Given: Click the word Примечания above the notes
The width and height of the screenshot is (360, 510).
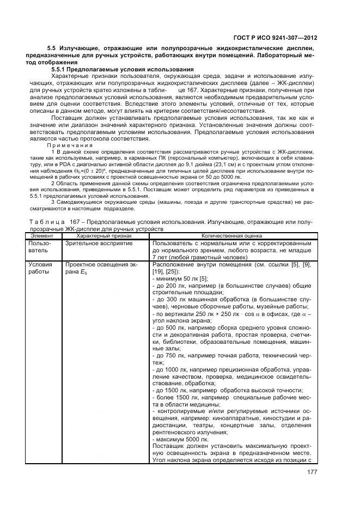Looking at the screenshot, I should click(x=68, y=145).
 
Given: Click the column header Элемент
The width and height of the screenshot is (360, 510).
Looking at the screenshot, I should click(x=43, y=236).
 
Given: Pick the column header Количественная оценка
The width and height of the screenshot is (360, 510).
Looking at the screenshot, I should click(x=232, y=236).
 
